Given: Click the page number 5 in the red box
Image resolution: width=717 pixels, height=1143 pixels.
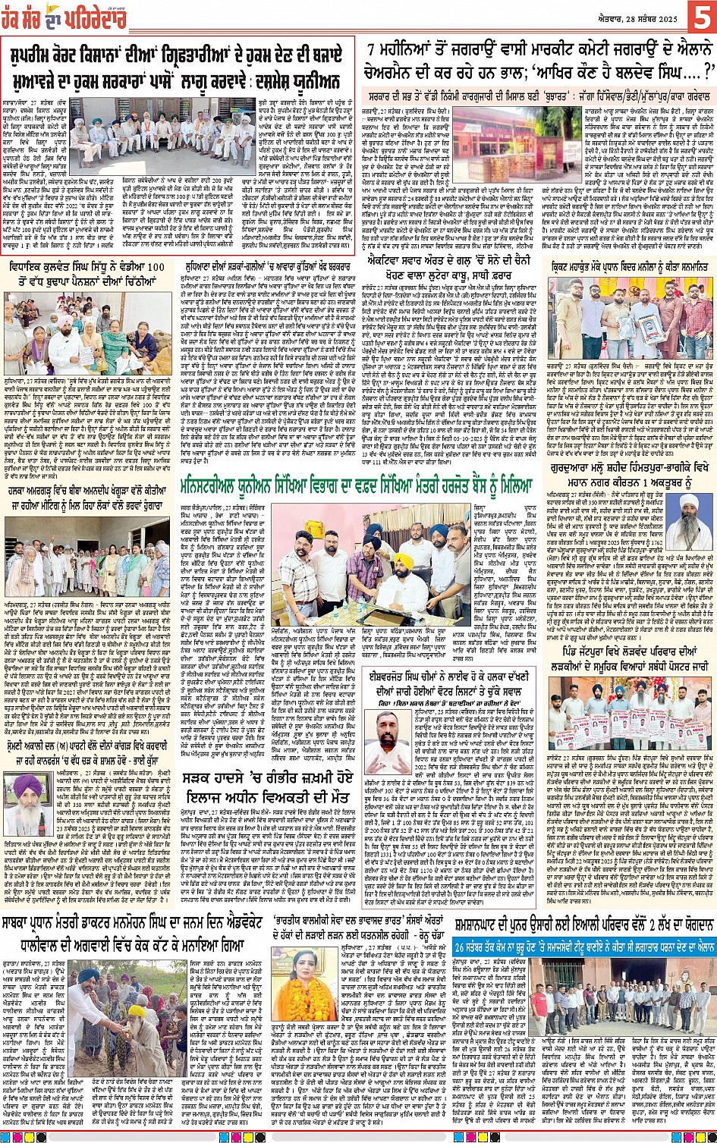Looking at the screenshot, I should [x=699, y=17].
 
